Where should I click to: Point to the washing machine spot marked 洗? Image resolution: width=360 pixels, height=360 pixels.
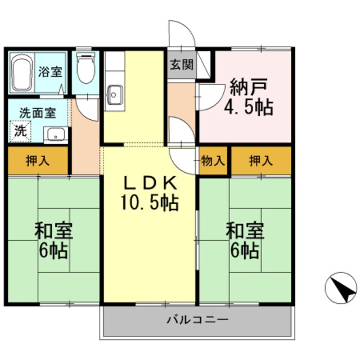pos(20,132)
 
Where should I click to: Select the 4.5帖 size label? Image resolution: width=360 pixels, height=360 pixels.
pos(251,107)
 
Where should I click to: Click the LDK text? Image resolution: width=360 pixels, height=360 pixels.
pos(150,183)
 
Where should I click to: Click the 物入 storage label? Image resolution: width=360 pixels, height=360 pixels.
pos(213,161)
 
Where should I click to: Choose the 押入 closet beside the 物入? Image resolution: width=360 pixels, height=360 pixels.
pos(262,161)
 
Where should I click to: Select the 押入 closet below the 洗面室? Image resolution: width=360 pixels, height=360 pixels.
pos(38,161)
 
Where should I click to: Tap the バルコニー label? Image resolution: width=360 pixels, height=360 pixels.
pos(197,320)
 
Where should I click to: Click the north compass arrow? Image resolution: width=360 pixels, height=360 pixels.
pos(341,290)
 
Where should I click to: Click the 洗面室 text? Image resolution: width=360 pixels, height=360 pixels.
pos(37,112)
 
